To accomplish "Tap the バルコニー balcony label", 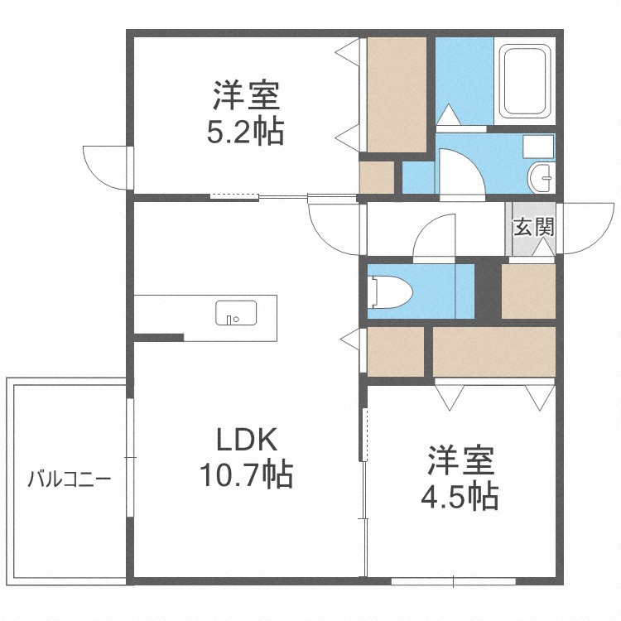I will point(70,479).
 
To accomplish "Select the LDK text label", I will point(246,440).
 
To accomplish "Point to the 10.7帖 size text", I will point(244,474).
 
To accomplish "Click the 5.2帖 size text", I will point(245,131).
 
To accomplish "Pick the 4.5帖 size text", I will point(460,495).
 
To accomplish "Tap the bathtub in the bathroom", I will point(525,80).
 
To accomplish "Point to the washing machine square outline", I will point(538,147).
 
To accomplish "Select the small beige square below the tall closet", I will point(377,176).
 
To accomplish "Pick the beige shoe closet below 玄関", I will point(527,291).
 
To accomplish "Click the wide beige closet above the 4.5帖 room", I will point(493,352).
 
